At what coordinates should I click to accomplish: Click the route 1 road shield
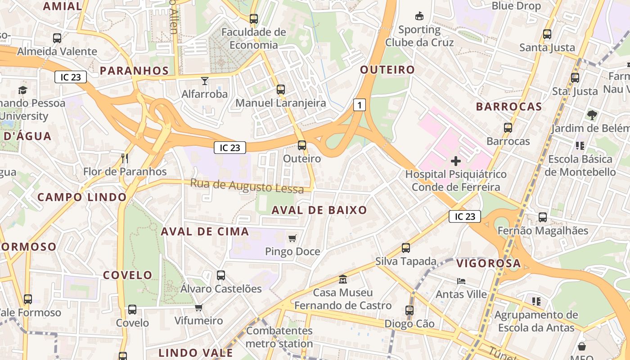pos(359,105)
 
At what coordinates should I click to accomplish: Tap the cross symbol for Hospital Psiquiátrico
pos(455,161)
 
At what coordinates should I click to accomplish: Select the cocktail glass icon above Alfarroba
pos(205,81)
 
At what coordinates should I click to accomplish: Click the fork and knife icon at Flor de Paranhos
pos(125,158)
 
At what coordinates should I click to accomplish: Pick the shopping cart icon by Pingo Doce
pos(292,238)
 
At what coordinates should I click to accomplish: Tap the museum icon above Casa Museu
pos(343,279)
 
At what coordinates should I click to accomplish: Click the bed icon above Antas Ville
pos(461,281)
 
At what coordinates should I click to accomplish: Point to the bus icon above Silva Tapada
pos(406,248)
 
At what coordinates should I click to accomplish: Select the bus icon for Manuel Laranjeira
pos(281,90)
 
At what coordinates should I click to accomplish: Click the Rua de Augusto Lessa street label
pos(247,186)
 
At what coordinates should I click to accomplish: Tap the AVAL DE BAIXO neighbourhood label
pos(319,210)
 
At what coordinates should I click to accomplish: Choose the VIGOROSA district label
pos(489,263)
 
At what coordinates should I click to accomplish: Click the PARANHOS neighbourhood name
pos(134,71)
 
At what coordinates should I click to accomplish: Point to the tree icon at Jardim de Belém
pos(592,115)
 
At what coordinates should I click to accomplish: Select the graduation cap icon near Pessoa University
pos(22,90)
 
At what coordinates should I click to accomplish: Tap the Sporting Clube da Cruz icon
pos(419,16)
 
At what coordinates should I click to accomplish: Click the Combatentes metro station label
pos(279,337)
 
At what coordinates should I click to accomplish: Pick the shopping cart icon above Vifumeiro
pos(198,307)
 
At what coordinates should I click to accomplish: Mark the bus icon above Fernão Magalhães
pos(543,217)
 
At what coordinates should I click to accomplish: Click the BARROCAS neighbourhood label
pos(509,107)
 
